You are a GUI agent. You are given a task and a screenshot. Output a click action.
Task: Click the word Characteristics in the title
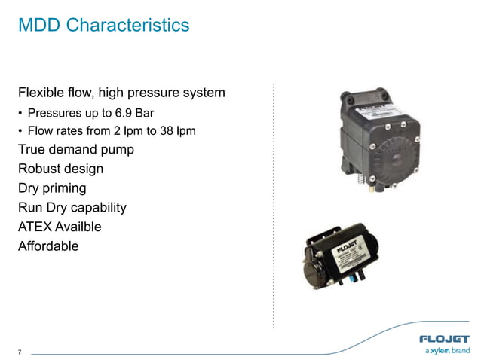click(128, 26)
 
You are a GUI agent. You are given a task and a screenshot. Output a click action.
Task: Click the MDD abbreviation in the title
click(39, 26)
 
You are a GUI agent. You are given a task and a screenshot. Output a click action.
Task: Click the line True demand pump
click(76, 150)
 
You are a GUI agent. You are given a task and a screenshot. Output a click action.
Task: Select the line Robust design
click(60, 169)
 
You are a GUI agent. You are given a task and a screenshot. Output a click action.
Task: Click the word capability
click(98, 207)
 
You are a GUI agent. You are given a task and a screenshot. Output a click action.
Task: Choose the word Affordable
click(48, 246)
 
